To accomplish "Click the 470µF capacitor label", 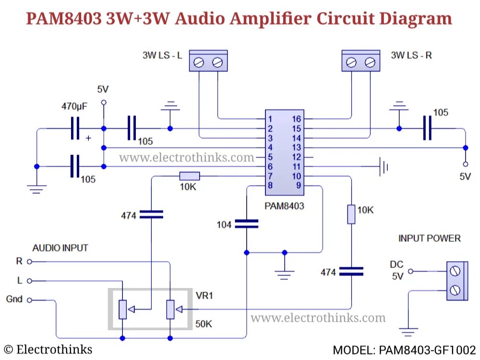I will pyautogui.click(x=74, y=106).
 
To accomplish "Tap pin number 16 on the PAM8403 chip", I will pyautogui.click(x=297, y=119).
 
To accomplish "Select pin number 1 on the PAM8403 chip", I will pyautogui.click(x=271, y=119).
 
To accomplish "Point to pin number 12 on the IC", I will pyautogui.click(x=297, y=157).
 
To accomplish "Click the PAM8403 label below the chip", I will pyautogui.click(x=284, y=206).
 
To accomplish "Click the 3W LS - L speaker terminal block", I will pyautogui.click(x=208, y=61).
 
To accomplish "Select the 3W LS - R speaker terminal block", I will pyautogui.click(x=360, y=61).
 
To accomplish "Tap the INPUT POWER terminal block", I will pyautogui.click(x=456, y=281).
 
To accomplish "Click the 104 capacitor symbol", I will pyautogui.click(x=246, y=224).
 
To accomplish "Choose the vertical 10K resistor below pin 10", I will pyautogui.click(x=351, y=214).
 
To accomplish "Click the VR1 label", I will pyautogui.click(x=204, y=296).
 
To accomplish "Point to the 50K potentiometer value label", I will pyautogui.click(x=204, y=324).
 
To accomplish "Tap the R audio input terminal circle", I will pyautogui.click(x=29, y=262).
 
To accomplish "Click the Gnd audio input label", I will pyautogui.click(x=14, y=299).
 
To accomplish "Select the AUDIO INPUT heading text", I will pyautogui.click(x=60, y=248).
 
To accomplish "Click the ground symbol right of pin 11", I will pyautogui.click(x=383, y=167).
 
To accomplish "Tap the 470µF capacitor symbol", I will pyautogui.click(x=74, y=128).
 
